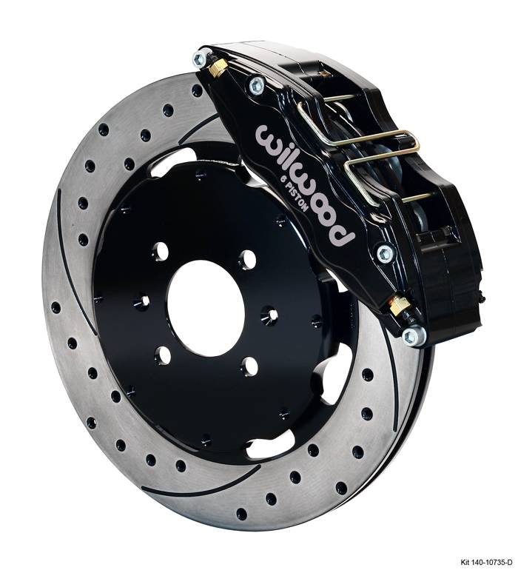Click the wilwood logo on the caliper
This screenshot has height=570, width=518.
tap(304, 184)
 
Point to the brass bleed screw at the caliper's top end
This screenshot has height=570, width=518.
tap(220, 67)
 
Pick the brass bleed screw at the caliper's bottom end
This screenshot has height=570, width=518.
tap(398, 304)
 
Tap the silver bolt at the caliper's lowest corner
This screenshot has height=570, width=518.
tap(414, 335)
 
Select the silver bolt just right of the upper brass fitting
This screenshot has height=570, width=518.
tap(257, 84)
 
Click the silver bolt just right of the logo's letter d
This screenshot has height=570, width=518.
tap(385, 254)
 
